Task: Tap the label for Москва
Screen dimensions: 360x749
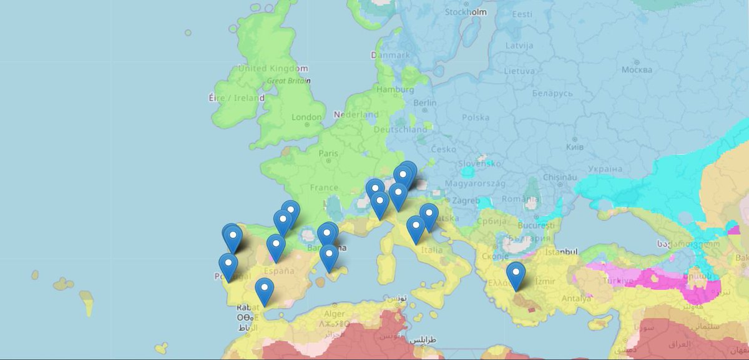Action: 637,69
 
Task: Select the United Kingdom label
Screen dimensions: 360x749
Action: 273,69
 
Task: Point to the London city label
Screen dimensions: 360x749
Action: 306,117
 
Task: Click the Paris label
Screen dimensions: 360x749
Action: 328,153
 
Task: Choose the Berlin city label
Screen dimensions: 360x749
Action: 424,103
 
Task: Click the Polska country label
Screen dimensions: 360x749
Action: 476,117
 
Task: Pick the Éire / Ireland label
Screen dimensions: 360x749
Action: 236,99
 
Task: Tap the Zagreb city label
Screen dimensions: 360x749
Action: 466,201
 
